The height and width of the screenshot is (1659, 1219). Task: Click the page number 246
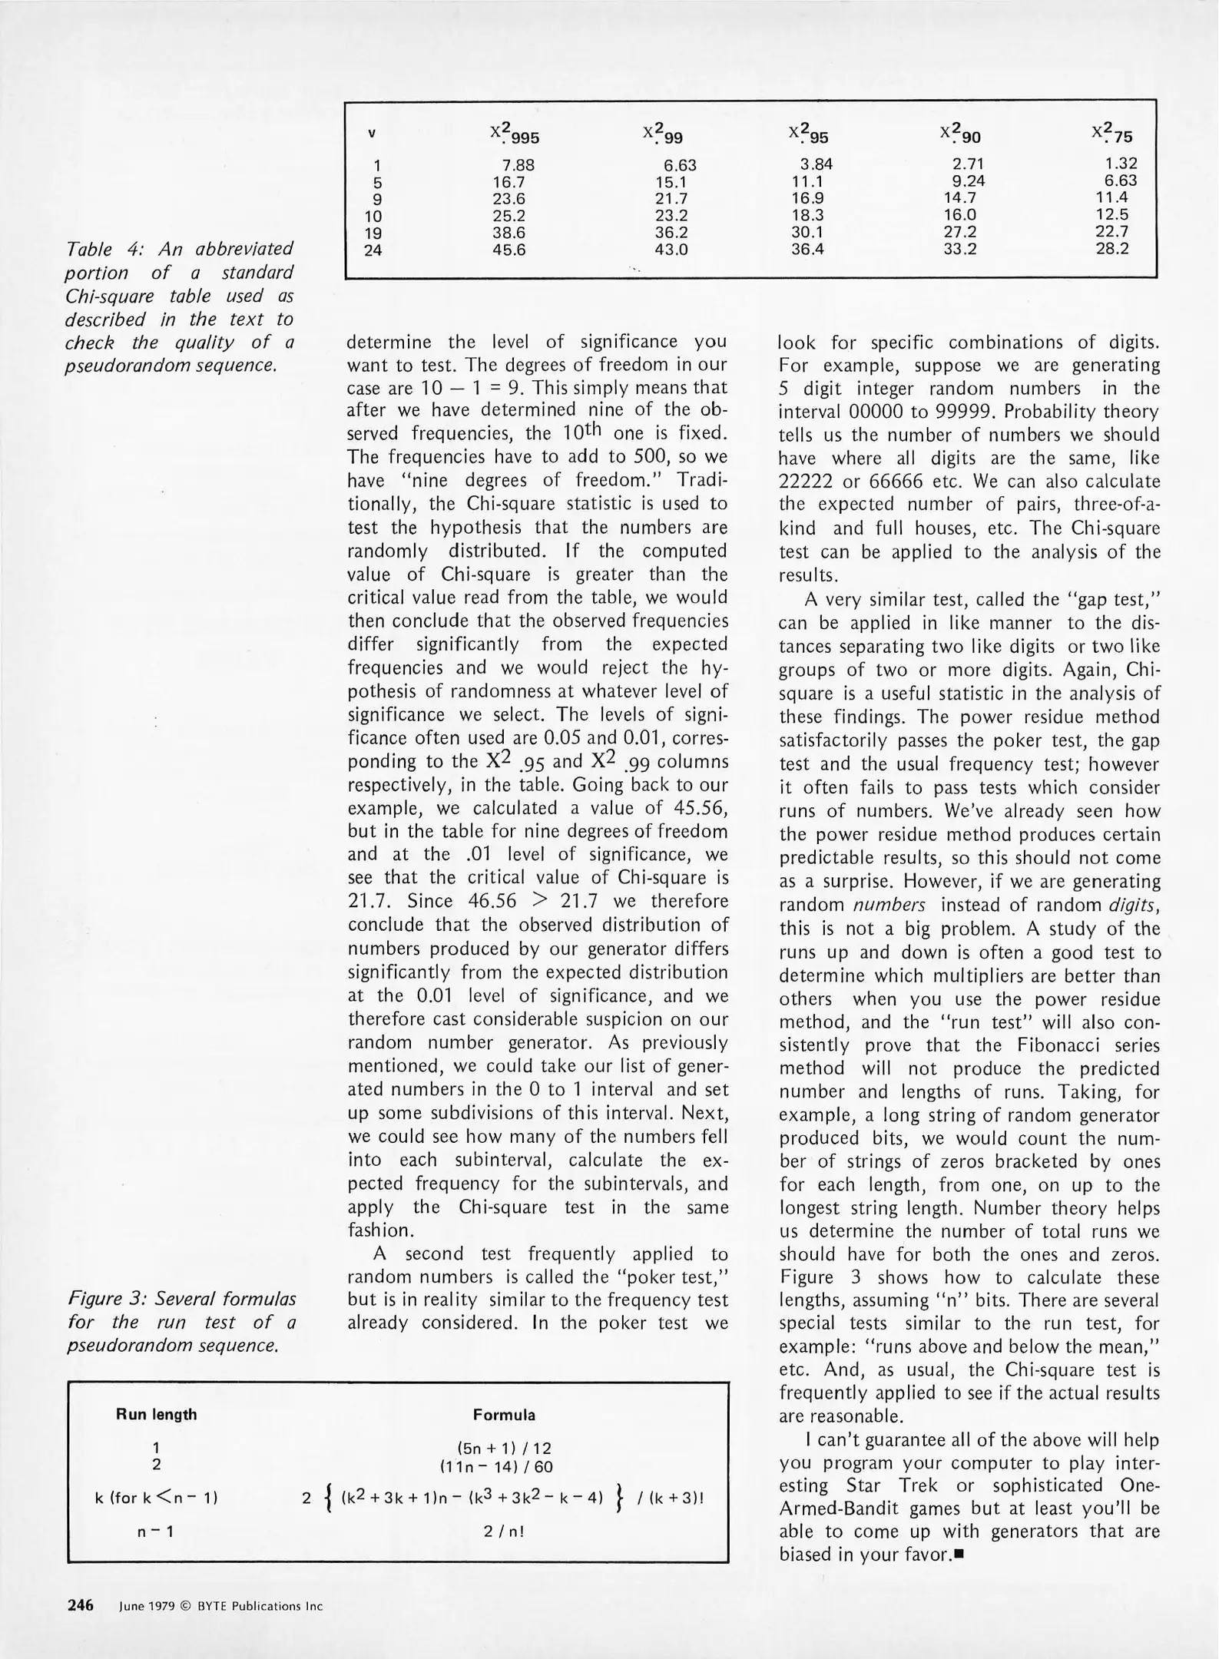point(81,1605)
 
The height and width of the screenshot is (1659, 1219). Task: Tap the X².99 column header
point(663,134)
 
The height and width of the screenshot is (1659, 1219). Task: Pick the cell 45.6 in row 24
point(508,250)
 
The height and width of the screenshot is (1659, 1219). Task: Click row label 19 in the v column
point(373,233)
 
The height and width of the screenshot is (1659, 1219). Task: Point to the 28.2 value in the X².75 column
point(1111,249)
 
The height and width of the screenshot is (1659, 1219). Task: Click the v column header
point(372,134)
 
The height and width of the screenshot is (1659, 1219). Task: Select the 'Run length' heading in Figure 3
point(156,1415)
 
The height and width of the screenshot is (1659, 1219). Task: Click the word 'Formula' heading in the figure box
point(504,1415)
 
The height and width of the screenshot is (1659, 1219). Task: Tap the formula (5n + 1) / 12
point(504,1449)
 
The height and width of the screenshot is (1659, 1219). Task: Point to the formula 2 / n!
point(504,1532)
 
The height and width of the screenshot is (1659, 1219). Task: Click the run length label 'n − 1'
point(156,1532)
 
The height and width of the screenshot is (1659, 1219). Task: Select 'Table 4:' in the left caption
point(99,249)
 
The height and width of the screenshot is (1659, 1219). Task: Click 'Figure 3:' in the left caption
point(107,1299)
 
